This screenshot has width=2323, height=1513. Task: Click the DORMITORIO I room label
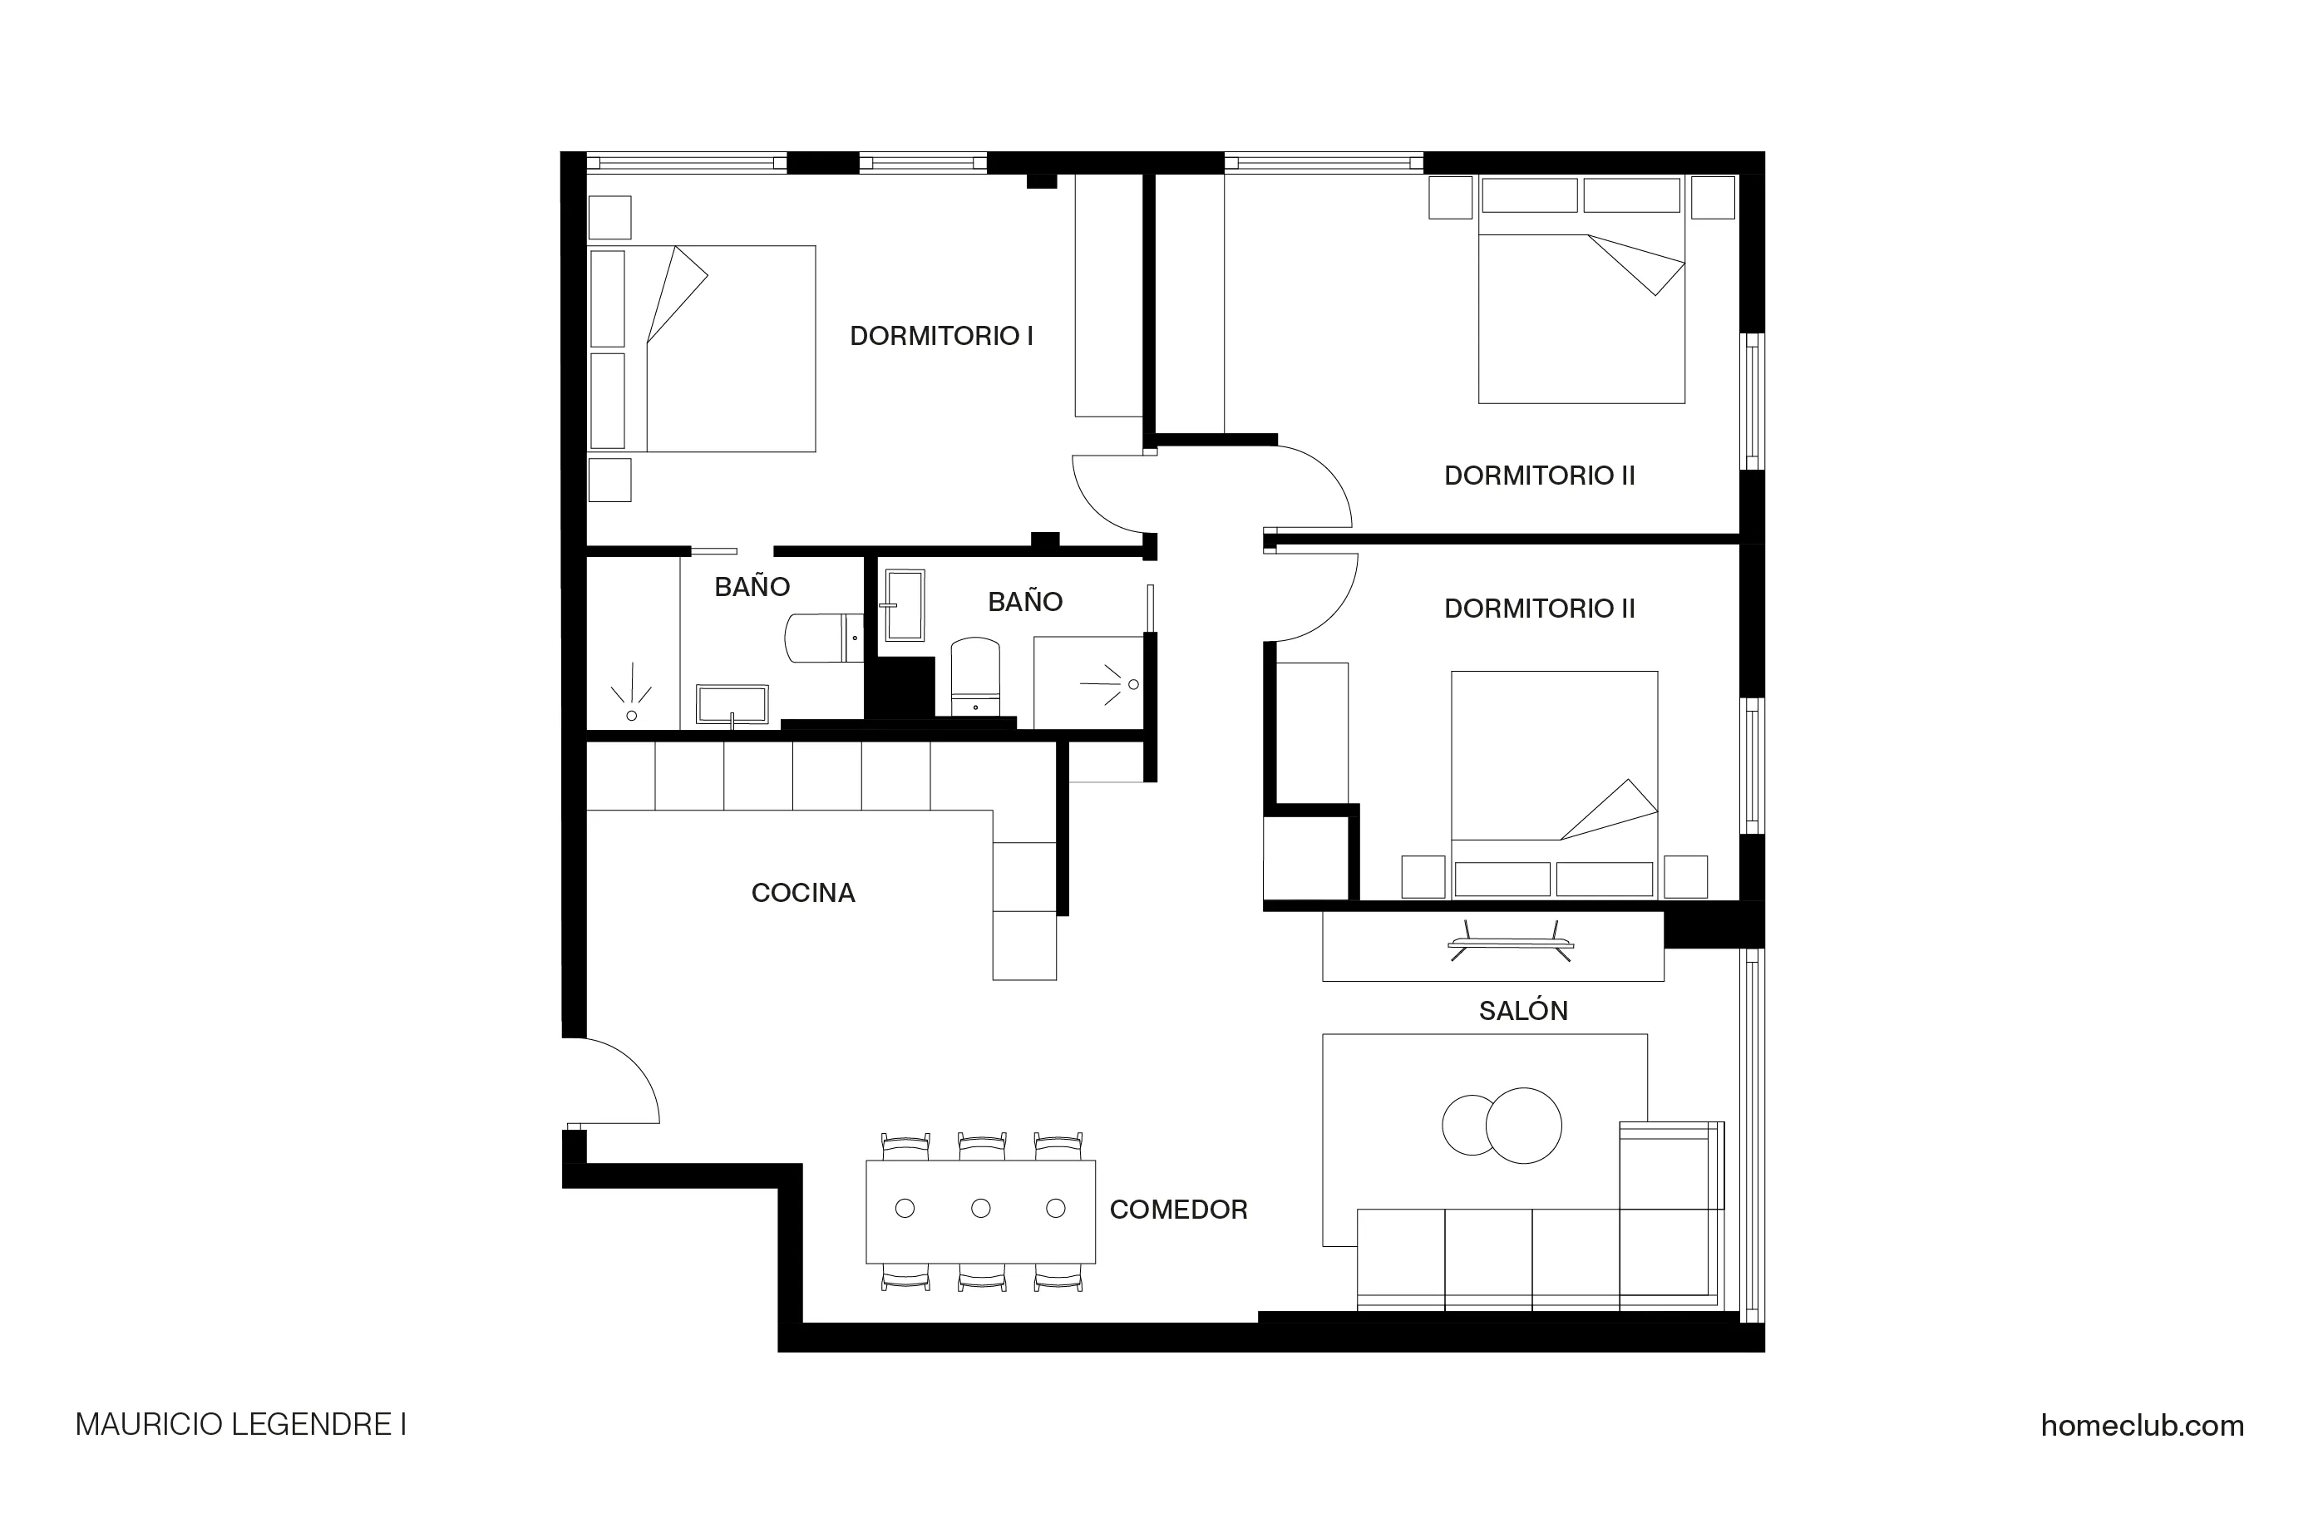point(941,336)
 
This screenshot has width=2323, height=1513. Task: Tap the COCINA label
point(802,893)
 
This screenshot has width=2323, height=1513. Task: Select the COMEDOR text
point(1178,1210)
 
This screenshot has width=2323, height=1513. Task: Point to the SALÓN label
point(1522,1011)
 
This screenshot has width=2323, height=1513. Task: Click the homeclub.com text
point(2142,1425)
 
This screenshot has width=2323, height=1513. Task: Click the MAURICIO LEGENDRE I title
point(240,1425)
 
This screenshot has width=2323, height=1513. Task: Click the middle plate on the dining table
point(981,1209)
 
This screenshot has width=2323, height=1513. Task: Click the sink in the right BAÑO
point(904,605)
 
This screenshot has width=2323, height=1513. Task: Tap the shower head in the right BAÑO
point(1132,684)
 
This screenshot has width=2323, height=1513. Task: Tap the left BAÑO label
point(752,587)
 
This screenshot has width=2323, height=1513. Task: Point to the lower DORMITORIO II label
point(1539,609)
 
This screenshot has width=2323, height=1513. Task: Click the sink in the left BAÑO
point(731,705)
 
